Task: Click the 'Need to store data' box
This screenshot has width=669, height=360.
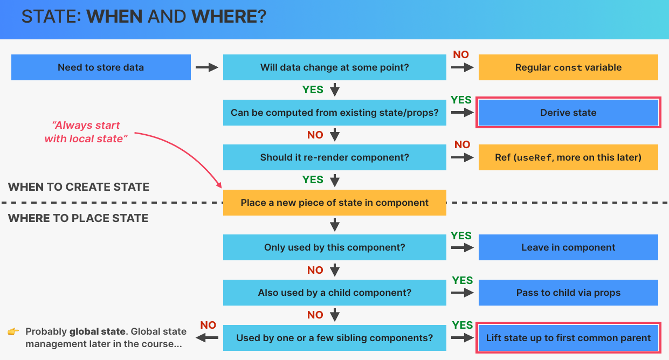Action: [x=101, y=67]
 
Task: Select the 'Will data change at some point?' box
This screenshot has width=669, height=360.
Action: [x=334, y=67]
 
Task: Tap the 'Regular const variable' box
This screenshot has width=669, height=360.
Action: [x=568, y=67]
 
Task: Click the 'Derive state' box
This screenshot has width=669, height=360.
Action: [x=568, y=113]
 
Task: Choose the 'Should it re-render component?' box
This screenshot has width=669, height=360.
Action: [x=334, y=157]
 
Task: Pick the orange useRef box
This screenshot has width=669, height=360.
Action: [x=568, y=157]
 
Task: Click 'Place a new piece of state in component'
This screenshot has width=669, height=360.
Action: [x=334, y=203]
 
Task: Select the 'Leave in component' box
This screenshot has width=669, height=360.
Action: [x=568, y=247]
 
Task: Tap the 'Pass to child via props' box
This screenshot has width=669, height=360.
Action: [x=568, y=293]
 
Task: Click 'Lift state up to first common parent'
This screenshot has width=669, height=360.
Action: [x=568, y=337]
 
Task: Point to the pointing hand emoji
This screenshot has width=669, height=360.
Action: [x=13, y=331]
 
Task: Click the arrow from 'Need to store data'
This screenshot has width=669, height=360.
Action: [x=206, y=67]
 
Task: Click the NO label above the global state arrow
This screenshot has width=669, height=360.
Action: [x=208, y=325]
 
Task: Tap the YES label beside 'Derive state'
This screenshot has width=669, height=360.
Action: [x=461, y=100]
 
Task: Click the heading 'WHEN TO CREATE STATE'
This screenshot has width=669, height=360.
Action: [x=79, y=187]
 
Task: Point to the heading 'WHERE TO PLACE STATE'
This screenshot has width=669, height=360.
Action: [x=78, y=218]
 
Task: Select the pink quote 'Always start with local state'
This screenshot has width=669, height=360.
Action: [x=86, y=131]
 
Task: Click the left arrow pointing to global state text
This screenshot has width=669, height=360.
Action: [x=206, y=338]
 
